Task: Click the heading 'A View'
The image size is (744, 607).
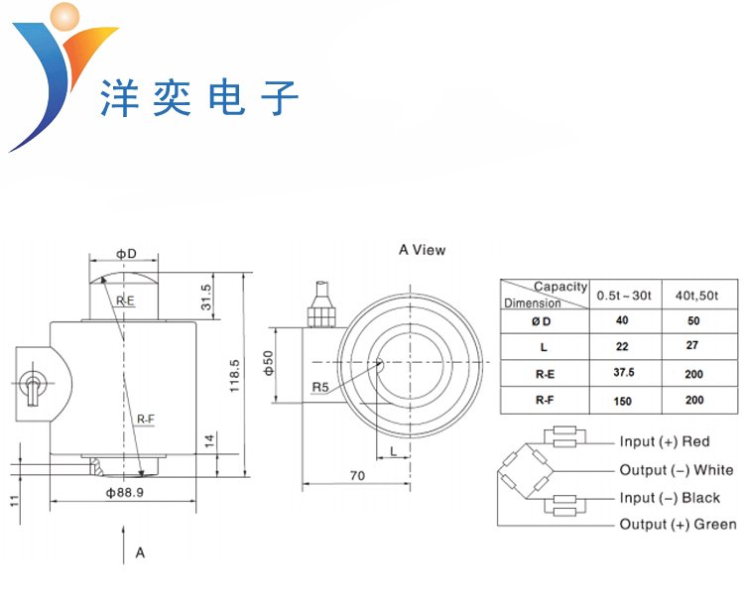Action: click(x=422, y=250)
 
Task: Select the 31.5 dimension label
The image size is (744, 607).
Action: click(x=206, y=297)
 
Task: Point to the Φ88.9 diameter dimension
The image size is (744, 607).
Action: click(x=126, y=493)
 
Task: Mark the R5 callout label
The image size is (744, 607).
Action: click(x=320, y=386)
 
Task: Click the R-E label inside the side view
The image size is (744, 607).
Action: click(x=125, y=300)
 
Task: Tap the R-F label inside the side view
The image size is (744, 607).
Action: click(x=143, y=421)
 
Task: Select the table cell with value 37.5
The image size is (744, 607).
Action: click(x=623, y=373)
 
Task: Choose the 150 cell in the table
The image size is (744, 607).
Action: click(x=623, y=401)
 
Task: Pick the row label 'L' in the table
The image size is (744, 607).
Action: click(x=544, y=347)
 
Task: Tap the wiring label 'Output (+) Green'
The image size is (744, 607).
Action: click(x=678, y=525)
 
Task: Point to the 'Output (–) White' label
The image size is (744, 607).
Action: click(x=677, y=470)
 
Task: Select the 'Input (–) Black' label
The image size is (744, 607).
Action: click(x=670, y=498)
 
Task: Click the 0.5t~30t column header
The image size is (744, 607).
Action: click(x=623, y=296)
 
